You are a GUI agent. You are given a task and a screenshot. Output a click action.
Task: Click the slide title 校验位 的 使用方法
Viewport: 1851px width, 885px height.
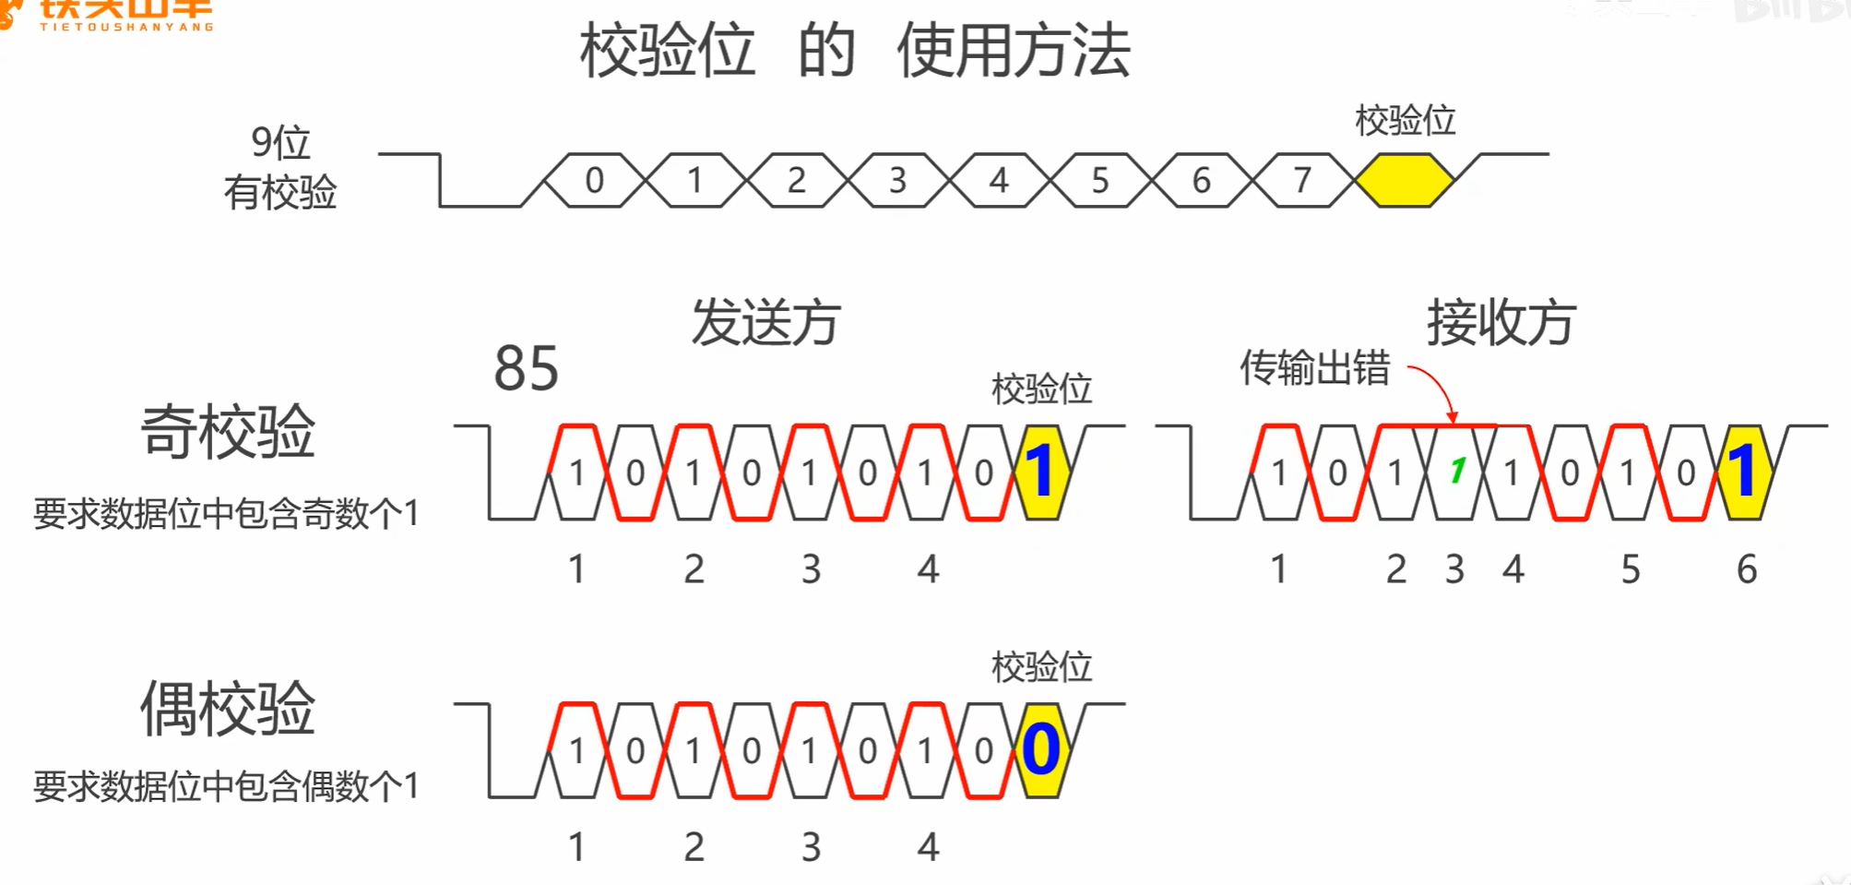[x=854, y=51]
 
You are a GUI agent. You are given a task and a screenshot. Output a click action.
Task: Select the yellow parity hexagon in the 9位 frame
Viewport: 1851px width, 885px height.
[x=1404, y=180]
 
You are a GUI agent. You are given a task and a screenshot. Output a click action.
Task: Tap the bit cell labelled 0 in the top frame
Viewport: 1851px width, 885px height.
[x=595, y=180]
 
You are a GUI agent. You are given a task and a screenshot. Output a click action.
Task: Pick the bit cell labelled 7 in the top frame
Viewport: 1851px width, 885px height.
[x=1302, y=180]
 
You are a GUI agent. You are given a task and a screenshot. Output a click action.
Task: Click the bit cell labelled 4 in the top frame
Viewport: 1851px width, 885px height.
[x=999, y=180]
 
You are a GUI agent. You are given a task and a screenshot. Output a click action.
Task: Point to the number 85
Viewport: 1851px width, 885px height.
[x=526, y=368]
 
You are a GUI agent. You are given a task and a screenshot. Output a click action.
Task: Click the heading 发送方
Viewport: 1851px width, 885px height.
[x=765, y=322]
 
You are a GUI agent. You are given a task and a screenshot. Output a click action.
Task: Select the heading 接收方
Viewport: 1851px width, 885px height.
[x=1501, y=322]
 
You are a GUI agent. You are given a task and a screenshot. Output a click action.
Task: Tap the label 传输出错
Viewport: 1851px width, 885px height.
[x=1314, y=367]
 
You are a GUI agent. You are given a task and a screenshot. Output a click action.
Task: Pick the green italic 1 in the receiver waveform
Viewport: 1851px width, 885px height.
[x=1457, y=472]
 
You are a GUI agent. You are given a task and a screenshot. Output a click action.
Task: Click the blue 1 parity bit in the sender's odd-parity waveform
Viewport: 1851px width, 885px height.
[x=1041, y=472]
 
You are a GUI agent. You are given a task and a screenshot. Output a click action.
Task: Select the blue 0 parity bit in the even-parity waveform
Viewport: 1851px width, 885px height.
[x=1041, y=749]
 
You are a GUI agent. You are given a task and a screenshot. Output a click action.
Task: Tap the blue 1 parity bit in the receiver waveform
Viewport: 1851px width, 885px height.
[x=1743, y=472]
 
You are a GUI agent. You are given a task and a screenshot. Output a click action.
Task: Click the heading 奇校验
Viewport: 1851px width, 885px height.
[x=228, y=431]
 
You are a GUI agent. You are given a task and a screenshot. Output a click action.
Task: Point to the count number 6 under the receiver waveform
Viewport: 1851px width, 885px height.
[x=1747, y=569]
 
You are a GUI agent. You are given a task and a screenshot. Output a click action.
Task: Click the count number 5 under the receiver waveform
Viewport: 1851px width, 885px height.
[x=1631, y=569]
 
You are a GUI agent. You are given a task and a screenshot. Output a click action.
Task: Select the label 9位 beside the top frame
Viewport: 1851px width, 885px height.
[x=280, y=143]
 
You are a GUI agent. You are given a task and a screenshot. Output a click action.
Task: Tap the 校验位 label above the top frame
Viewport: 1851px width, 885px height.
[x=1405, y=121]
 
